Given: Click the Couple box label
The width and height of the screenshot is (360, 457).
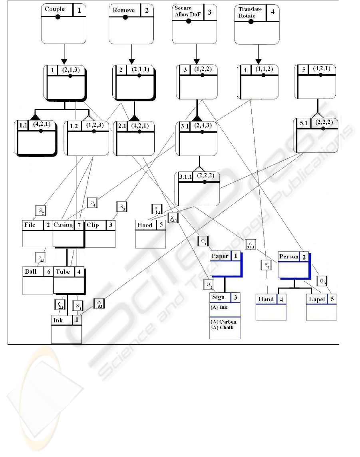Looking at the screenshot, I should point(55,9).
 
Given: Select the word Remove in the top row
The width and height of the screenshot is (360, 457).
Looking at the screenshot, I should point(124,10).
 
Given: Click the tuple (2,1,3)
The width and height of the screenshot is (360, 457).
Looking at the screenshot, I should point(70,70).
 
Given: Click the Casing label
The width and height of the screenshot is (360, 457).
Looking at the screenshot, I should point(63,225).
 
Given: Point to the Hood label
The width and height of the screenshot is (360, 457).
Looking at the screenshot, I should point(145,225).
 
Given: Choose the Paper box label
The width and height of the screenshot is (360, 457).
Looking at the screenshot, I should point(220,256).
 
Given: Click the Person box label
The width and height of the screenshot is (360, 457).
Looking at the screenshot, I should point(289,256).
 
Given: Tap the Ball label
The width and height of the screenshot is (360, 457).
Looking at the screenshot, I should point(30,272).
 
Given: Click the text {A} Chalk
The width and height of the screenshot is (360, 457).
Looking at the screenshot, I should point(223,327).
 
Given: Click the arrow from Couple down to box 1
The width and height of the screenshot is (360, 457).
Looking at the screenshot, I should point(64,54).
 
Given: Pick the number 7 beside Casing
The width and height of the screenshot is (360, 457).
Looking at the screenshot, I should point(79,225).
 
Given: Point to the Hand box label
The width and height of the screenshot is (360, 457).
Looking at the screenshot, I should point(266,299).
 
